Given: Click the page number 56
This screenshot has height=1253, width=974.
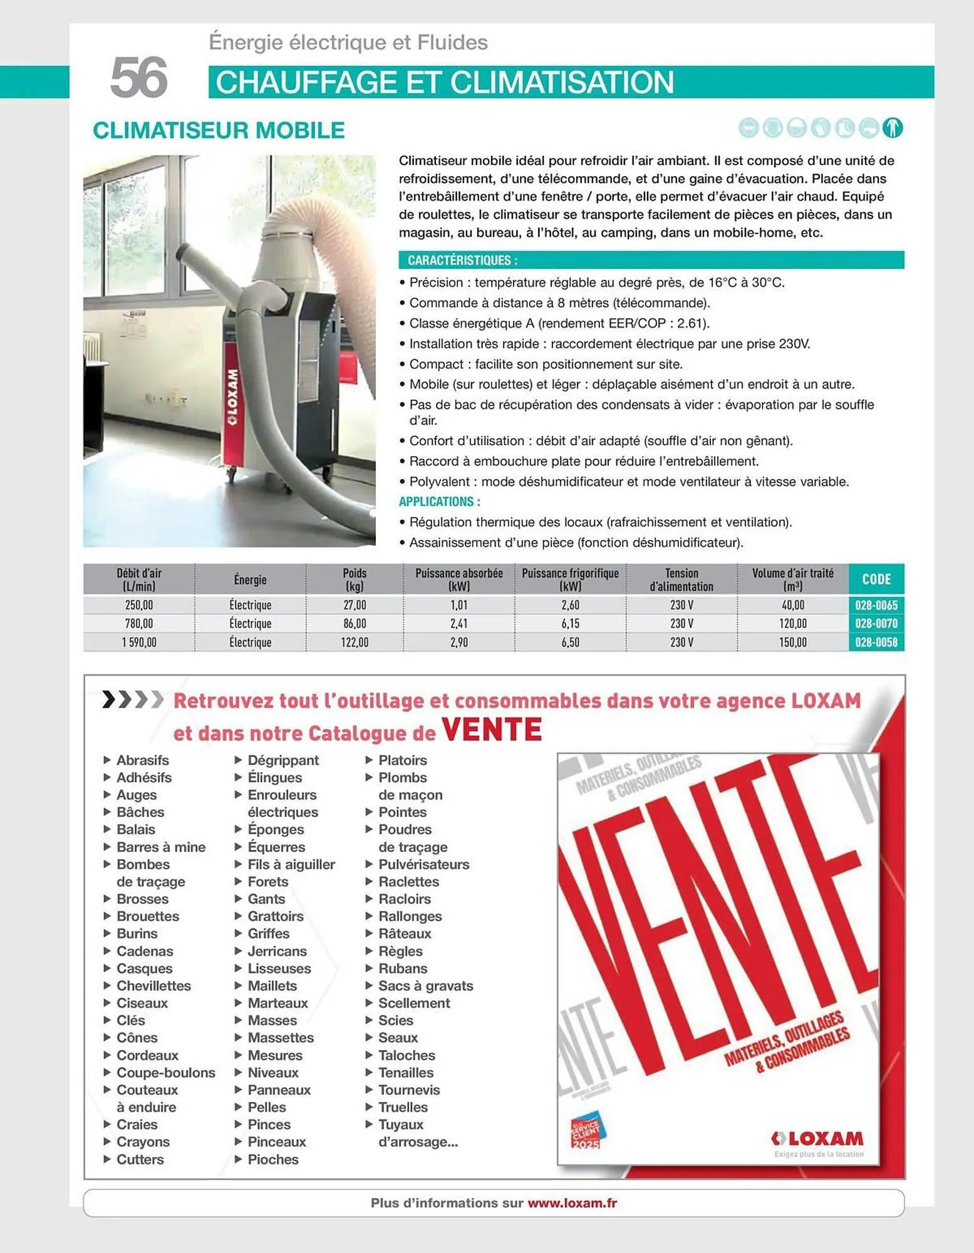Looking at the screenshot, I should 138,78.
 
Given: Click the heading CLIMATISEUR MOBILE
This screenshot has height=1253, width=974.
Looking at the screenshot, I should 219,130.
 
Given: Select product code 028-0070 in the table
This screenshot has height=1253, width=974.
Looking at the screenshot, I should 876,623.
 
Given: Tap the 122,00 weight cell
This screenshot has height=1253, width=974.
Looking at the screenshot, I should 355,642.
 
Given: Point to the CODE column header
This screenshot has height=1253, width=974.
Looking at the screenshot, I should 876,579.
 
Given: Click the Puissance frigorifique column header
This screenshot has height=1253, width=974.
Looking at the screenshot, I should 570,580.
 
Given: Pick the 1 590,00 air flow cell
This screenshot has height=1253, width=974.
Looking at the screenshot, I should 139,642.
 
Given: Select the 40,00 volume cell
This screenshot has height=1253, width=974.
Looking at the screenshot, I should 792,605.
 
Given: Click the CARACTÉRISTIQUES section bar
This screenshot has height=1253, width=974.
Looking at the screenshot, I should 651,260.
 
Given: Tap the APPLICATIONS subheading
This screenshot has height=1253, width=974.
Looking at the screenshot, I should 440,502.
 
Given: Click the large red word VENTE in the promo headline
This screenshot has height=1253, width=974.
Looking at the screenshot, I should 492,729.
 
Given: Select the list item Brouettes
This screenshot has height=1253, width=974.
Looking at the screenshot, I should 147,916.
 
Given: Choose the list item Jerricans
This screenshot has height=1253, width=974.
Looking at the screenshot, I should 277,951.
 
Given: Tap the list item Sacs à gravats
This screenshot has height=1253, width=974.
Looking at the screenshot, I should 425,985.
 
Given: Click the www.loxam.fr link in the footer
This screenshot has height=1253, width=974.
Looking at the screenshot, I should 572,1203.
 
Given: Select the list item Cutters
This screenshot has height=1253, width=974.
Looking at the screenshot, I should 140,1159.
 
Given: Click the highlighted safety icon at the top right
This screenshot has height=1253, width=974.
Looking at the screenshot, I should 893,128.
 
